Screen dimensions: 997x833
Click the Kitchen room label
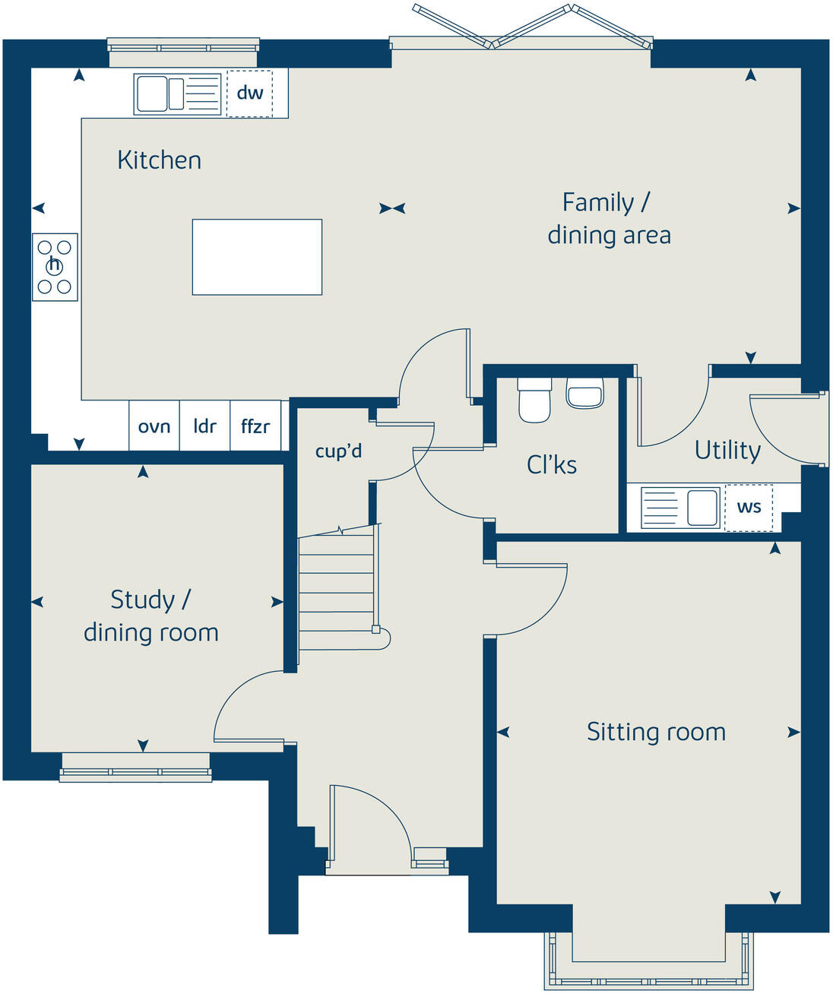(159, 160)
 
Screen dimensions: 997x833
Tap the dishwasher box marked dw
(249, 93)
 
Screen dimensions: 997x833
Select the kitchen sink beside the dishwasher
(178, 94)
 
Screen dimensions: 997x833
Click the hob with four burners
(55, 267)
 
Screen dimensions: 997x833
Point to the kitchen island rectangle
(257, 257)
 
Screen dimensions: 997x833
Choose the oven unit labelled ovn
(154, 426)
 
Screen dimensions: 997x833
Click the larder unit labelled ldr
(204, 426)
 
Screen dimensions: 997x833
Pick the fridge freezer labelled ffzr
(255, 426)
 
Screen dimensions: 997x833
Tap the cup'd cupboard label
(338, 451)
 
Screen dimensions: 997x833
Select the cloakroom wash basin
(584, 393)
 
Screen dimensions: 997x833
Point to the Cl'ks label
(552, 464)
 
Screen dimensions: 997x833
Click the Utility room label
(727, 451)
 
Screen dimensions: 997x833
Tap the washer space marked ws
(749, 507)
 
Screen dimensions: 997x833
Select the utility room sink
(680, 508)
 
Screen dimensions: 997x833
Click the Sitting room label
(656, 732)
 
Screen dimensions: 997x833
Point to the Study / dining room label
(150, 616)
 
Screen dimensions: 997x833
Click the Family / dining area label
(609, 219)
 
